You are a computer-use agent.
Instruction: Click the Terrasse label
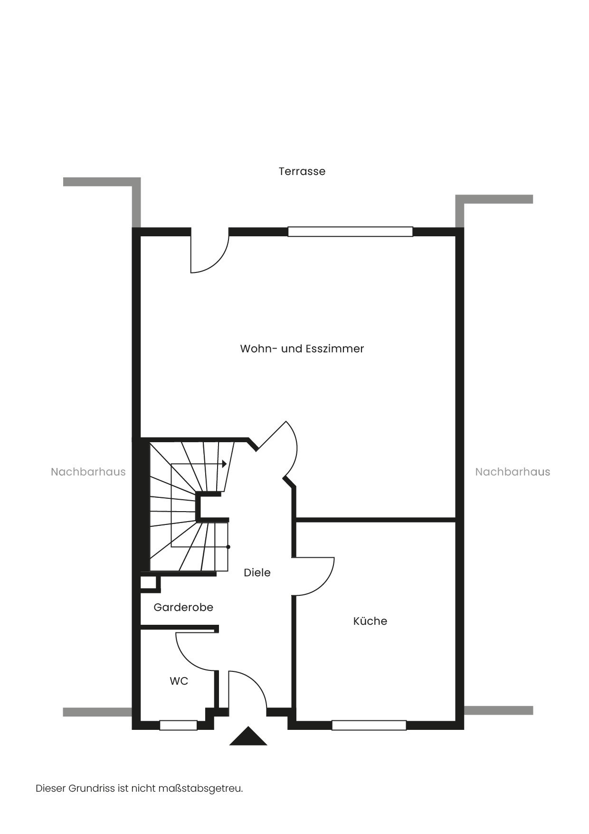pos(302,171)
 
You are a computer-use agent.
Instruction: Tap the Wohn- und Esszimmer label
pos(302,349)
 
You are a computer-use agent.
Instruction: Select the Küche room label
pos(370,621)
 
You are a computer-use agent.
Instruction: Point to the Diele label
pos(257,572)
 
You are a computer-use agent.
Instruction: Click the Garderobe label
pos(183,607)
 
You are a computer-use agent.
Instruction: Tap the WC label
pos(179,681)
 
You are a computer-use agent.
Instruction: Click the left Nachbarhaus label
pos(88,472)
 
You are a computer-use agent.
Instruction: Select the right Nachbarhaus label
pos(513,472)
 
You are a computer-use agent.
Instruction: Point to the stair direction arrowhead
pos(225,463)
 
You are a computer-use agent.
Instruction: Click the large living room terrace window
pos(351,232)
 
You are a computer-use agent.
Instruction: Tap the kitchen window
pos(369,725)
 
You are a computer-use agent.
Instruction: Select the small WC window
pos(179,725)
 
